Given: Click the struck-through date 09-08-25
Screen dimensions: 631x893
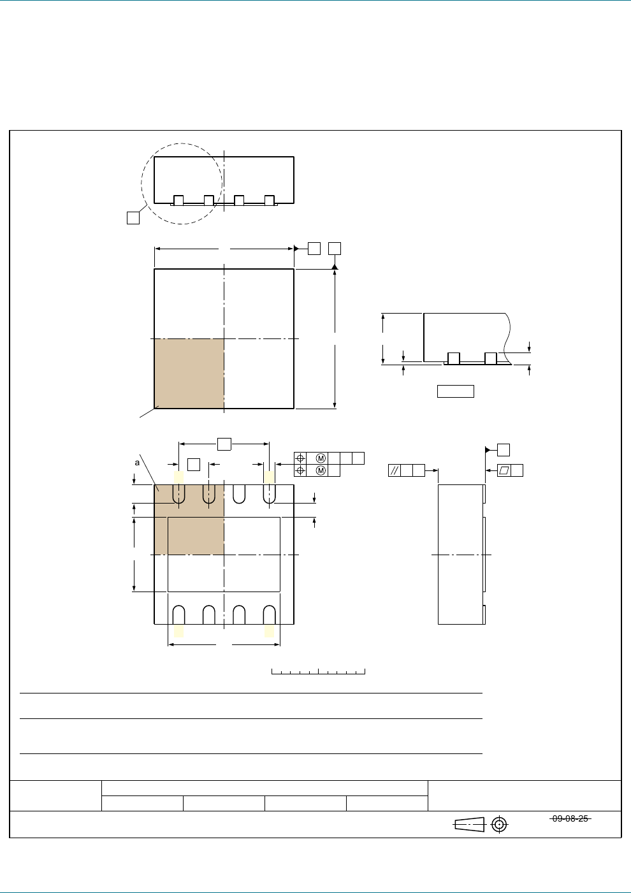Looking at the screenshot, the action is [x=570, y=818].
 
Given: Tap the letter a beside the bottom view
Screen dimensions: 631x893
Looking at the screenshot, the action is [x=137, y=463].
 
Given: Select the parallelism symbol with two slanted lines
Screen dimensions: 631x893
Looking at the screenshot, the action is [x=395, y=470].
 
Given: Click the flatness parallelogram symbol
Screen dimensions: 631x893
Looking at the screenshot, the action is [x=504, y=470].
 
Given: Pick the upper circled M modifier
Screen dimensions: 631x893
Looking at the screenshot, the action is [x=321, y=458].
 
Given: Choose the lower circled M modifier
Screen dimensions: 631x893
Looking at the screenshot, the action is [x=321, y=471].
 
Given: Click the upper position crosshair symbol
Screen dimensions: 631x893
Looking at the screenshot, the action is [x=300, y=458].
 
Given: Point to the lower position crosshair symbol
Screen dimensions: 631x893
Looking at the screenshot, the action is [x=300, y=471].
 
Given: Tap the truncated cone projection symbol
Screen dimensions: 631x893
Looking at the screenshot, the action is [x=470, y=824].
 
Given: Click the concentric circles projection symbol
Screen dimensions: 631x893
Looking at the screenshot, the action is [x=499, y=824].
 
